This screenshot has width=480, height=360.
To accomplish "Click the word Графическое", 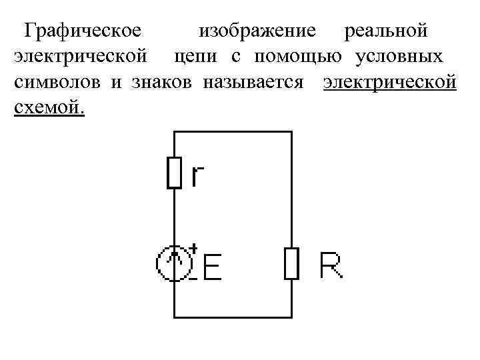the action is tap(81, 31).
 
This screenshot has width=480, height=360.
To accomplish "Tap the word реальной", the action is tap(384, 31).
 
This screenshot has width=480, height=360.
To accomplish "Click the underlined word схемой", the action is tap(49, 107).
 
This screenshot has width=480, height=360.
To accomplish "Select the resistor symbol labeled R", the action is tap(291, 263).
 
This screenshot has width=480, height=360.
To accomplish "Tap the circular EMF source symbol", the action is tap(173, 263).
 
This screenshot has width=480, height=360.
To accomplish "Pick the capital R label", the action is tap(331, 265).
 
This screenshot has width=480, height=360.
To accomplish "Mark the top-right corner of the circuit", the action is tap(291, 132).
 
